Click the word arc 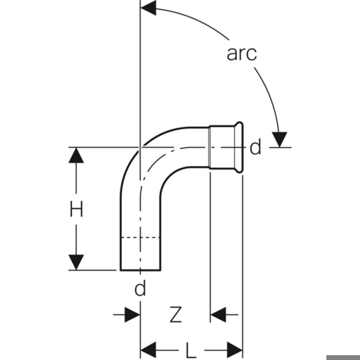[x=242, y=53]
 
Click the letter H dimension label [x=76, y=209]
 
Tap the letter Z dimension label [x=176, y=314]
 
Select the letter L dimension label [x=191, y=350]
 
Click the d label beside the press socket [x=255, y=147]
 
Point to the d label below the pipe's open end [x=140, y=288]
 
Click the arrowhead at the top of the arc [x=148, y=8]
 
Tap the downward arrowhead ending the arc [x=280, y=139]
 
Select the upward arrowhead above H [x=76, y=155]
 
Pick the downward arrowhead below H [x=76, y=262]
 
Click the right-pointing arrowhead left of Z [x=132, y=314]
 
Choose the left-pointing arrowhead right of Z [x=218, y=314]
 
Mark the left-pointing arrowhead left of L [x=148, y=350]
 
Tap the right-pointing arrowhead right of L [x=235, y=350]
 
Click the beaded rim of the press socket [x=239, y=147]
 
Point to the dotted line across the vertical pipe [x=141, y=237]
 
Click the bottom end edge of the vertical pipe [x=141, y=269]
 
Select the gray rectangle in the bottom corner [x=343, y=357]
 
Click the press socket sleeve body [x=222, y=147]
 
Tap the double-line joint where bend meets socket [x=210, y=147]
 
